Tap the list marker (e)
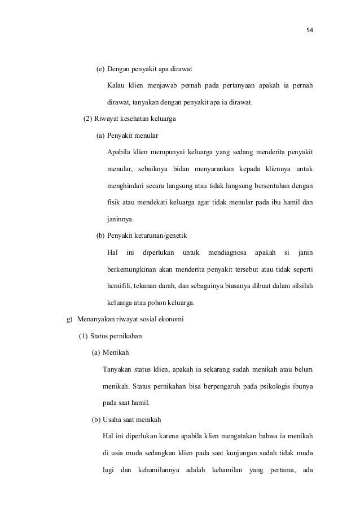tap(100, 69)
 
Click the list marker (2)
tap(87, 120)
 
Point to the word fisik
tap(114, 202)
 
